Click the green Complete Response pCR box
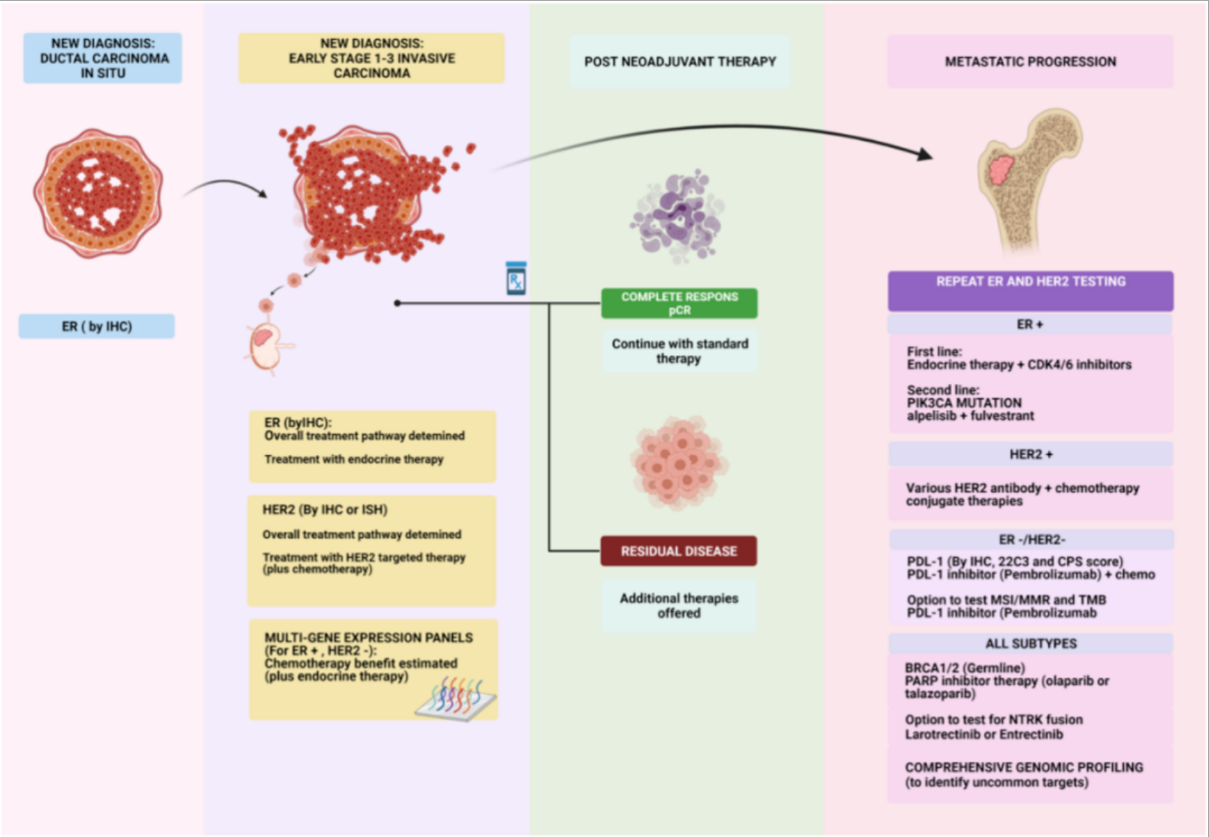(x=679, y=303)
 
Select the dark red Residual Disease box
(x=678, y=551)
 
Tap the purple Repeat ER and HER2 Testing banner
(x=1030, y=290)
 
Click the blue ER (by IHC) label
(x=97, y=326)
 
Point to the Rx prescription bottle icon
(x=516, y=279)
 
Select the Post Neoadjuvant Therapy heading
(x=680, y=62)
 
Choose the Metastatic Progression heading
(x=1030, y=62)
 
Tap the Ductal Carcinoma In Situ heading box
(x=103, y=58)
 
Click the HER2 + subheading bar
(x=1030, y=454)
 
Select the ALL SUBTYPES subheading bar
(x=1030, y=644)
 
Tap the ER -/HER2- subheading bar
(x=1030, y=540)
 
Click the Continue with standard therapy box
(x=680, y=351)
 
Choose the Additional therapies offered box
(x=679, y=605)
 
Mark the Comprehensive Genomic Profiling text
(x=1023, y=768)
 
